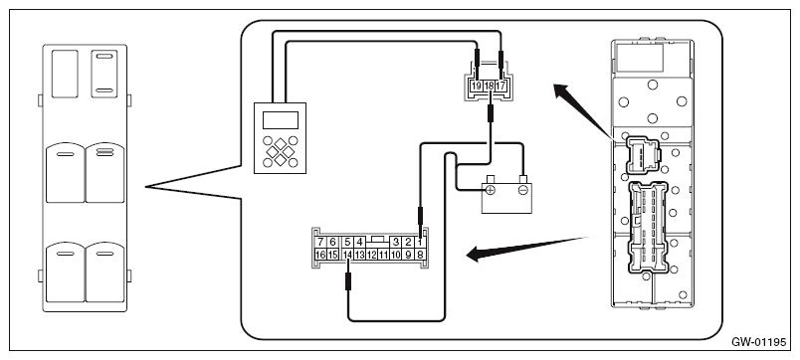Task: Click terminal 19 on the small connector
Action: click(477, 87)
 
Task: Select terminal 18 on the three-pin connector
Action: click(489, 87)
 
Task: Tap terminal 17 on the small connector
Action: click(500, 87)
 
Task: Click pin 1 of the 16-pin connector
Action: click(420, 243)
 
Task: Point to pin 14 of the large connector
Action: click(347, 255)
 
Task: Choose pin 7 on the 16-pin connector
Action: click(320, 243)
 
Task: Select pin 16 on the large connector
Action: click(320, 255)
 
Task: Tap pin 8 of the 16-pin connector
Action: click(420, 255)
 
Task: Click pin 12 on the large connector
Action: click(371, 255)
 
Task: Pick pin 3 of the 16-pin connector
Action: click(396, 243)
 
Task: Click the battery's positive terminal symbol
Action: click(490, 190)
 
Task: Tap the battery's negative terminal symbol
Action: click(522, 190)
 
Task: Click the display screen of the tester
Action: click(281, 119)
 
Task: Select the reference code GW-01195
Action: click(759, 342)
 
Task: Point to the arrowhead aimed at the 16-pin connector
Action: click(476, 253)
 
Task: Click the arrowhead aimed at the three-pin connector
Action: click(562, 93)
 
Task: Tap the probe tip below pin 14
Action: click(348, 281)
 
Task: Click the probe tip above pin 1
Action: click(420, 216)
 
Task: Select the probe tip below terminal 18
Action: click(491, 113)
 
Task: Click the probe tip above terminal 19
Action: click(477, 59)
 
